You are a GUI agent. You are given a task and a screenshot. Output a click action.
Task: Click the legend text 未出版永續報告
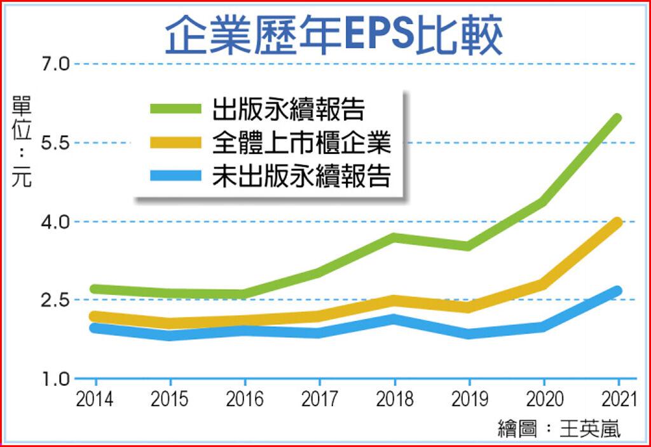[x=301, y=176]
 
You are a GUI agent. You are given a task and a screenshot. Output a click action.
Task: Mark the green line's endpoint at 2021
[x=617, y=118]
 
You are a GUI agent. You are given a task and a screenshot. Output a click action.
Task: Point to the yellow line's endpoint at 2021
[x=617, y=223]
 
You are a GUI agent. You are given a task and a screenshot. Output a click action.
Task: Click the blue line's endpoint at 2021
[x=617, y=291]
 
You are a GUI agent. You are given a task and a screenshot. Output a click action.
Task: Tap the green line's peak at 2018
[x=394, y=238]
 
